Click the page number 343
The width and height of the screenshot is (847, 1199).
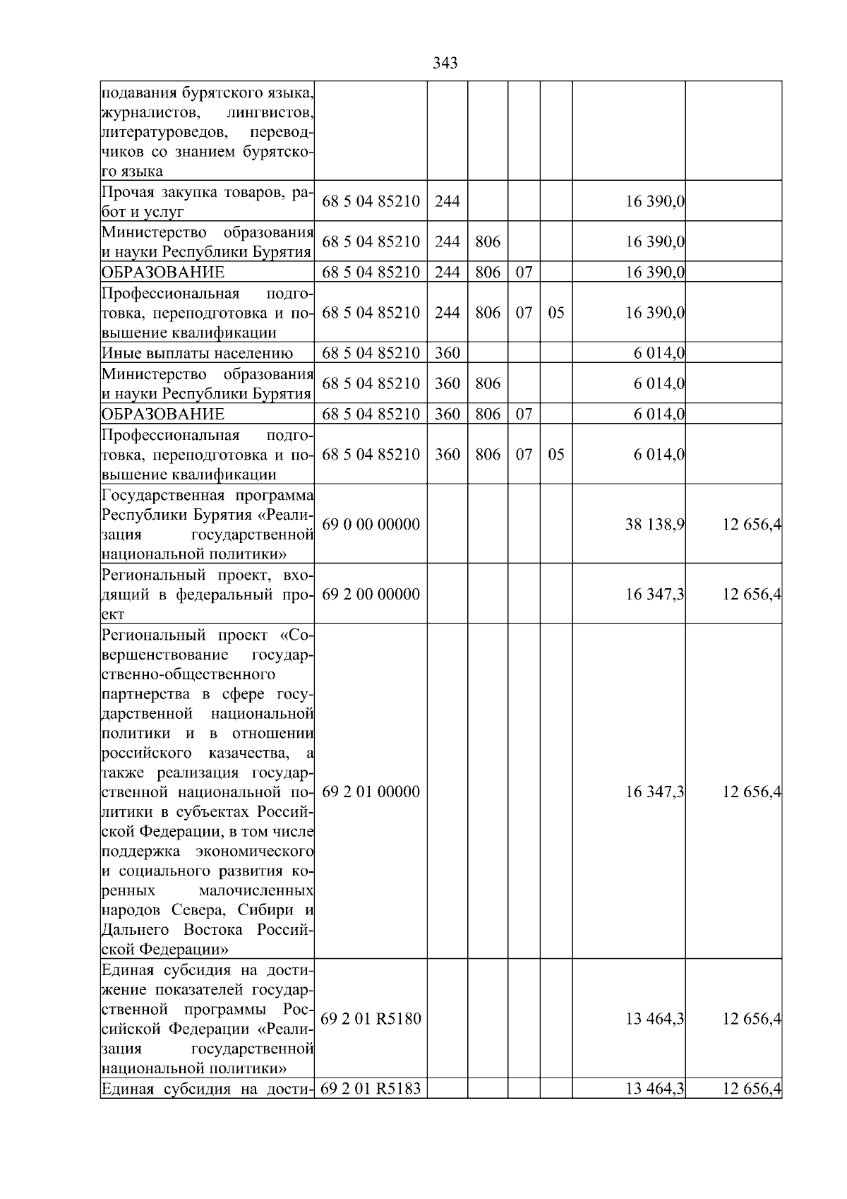445,64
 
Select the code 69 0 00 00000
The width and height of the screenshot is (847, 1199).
371,524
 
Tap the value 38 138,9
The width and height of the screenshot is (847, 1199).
654,525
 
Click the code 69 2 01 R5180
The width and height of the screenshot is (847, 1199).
371,1018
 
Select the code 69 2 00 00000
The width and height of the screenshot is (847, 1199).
371,594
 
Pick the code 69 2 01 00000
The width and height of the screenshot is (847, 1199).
371,792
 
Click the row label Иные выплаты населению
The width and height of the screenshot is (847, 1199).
197,353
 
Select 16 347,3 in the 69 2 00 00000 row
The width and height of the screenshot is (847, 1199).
654,594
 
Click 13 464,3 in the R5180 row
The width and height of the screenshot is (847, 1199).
654,1018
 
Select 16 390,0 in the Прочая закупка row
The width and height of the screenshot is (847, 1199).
654,202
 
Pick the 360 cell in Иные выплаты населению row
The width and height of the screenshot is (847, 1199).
447,353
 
